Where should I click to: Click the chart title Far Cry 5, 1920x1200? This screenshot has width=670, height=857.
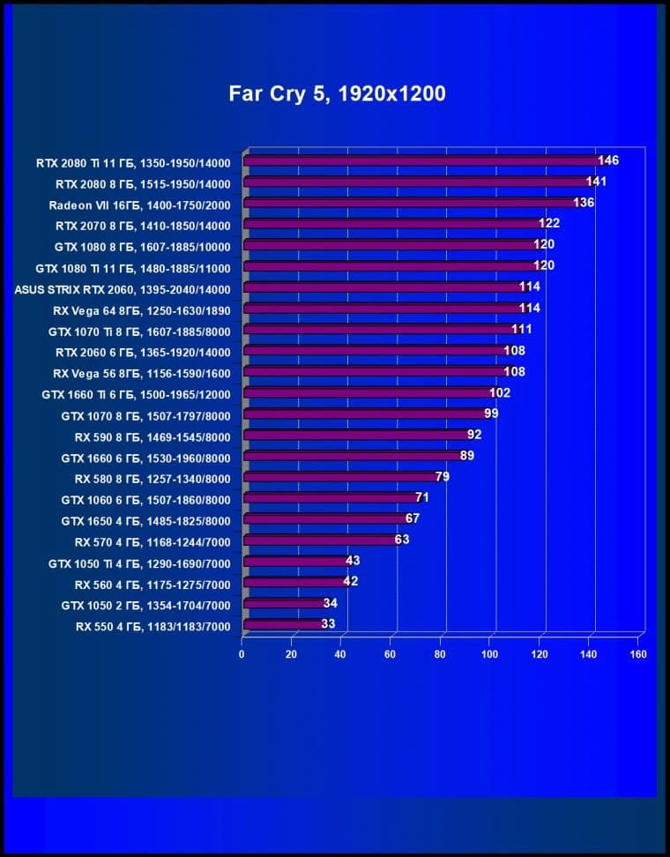tap(337, 93)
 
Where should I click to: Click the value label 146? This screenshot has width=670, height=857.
tap(608, 160)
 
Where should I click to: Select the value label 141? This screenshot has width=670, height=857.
tap(597, 182)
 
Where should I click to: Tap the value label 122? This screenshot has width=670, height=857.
tap(549, 223)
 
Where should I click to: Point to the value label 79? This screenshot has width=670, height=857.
tap(443, 477)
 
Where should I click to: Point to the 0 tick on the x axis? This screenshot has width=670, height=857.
tap(242, 654)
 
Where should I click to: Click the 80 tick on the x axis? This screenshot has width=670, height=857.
tap(440, 654)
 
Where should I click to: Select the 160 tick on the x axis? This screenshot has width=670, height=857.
tap(638, 654)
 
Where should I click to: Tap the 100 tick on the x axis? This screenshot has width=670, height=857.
tap(489, 654)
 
